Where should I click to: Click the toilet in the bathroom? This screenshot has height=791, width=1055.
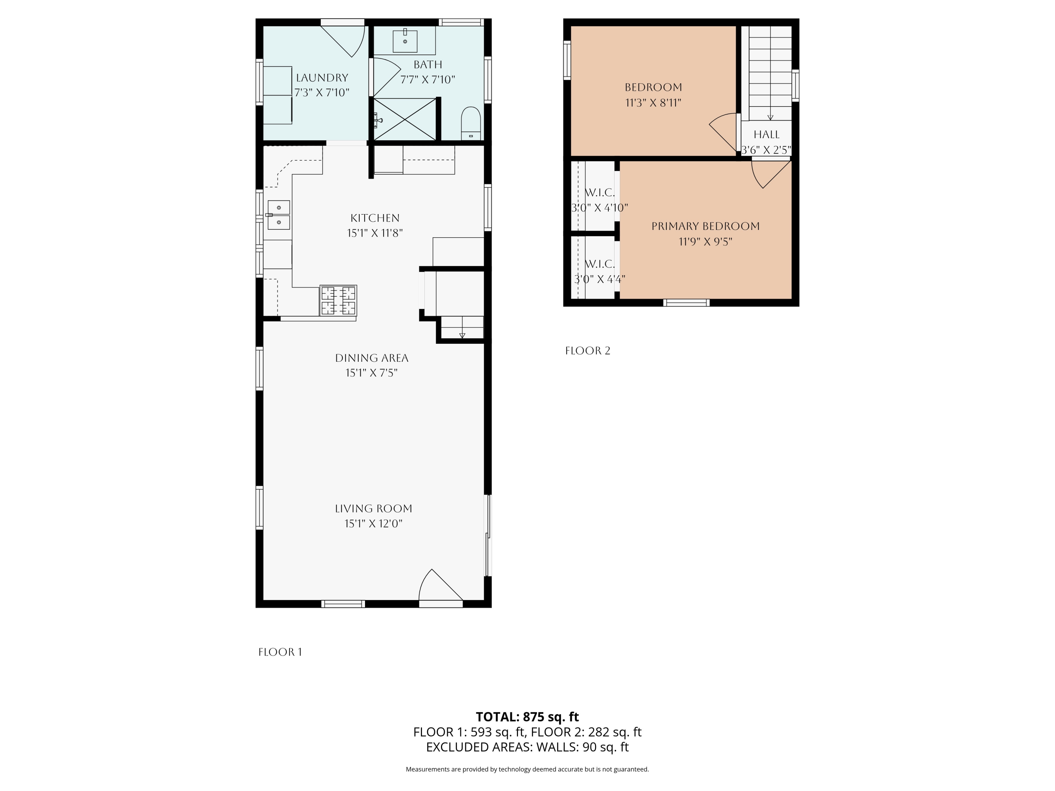click(x=471, y=123)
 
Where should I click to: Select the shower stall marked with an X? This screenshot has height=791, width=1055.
click(x=404, y=119)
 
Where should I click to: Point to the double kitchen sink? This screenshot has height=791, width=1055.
click(x=279, y=215)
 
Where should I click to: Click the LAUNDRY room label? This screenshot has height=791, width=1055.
click(x=322, y=78)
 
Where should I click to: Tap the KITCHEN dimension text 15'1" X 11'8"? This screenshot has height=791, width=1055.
click(x=375, y=233)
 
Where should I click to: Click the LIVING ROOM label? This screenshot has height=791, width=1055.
click(x=373, y=509)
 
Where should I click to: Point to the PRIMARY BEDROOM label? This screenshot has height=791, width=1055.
click(x=705, y=226)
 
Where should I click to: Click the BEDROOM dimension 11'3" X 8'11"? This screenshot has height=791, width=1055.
click(x=653, y=103)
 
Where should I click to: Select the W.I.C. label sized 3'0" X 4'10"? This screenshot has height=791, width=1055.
click(x=600, y=193)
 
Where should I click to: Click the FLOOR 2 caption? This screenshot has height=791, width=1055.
click(x=588, y=351)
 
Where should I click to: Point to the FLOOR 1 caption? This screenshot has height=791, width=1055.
click(x=280, y=652)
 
